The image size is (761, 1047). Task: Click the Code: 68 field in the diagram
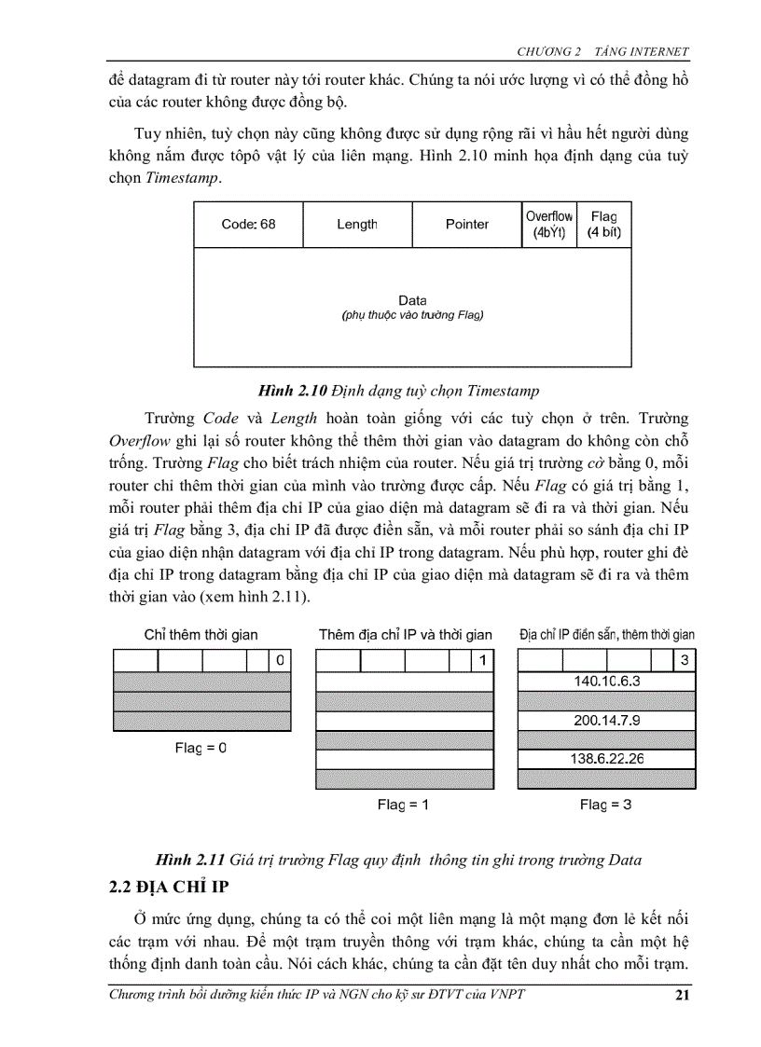248,224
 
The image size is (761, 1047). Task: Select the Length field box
357,224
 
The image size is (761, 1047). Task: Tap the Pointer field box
466,224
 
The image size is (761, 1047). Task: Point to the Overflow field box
549,224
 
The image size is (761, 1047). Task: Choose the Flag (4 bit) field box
603,224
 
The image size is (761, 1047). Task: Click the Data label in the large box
412,300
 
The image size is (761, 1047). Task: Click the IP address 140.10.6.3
606,682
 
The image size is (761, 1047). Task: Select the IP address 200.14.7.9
606,720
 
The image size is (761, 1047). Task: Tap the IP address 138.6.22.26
606,758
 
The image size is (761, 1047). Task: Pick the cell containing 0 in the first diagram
280,661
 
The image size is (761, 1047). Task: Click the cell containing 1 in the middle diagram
482,661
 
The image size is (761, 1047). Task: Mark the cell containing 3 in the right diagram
685,661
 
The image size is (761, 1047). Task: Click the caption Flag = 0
201,747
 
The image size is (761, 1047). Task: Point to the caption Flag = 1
403,804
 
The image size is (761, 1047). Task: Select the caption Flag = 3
605,804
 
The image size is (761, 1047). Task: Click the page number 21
681,996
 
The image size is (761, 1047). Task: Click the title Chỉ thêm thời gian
201,635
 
